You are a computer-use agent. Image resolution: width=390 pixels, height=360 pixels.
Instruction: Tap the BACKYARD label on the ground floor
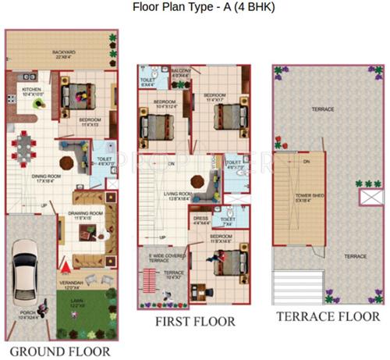coord(64,52)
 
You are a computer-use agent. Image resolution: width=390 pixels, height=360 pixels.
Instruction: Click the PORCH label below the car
coord(29,315)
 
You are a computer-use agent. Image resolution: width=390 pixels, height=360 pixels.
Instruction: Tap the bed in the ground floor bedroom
coord(78,99)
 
